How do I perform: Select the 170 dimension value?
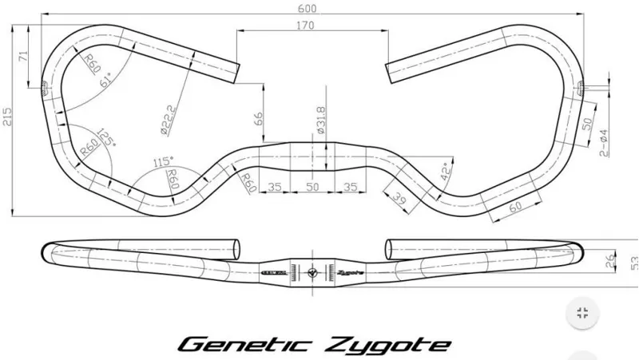coord(304,26)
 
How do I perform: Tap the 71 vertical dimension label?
coord(24,57)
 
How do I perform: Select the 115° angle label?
coord(162,163)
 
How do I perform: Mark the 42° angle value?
coord(446,171)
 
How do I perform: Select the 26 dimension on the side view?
coord(609,259)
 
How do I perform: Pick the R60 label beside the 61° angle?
coord(90,62)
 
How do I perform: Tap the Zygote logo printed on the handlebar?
coord(350,271)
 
